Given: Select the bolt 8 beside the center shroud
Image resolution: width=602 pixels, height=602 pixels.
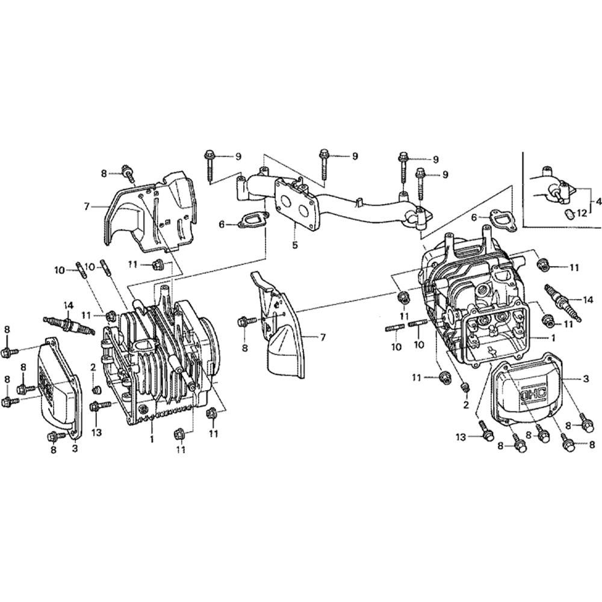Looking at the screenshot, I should tap(243, 321).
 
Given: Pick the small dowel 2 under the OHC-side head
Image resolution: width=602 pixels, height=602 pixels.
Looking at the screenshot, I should tap(465, 386).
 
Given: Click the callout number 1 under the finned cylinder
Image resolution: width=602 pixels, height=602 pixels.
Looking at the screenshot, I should tap(152, 439).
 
